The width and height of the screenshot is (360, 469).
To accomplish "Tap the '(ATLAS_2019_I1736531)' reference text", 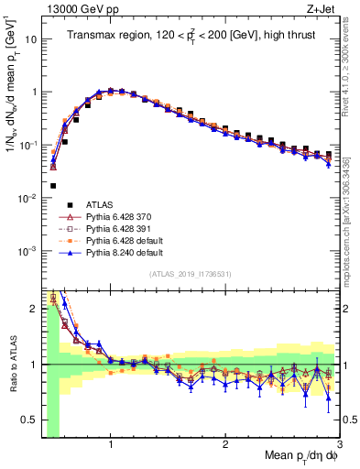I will tap(189, 275).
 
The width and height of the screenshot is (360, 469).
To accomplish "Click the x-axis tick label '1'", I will tap(111, 444).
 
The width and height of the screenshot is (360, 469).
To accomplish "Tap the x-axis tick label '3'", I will tap(339, 444).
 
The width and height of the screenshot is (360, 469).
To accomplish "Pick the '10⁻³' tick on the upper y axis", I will tap(27, 251).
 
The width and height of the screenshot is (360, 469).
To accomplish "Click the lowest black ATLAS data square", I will tap(53, 186).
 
